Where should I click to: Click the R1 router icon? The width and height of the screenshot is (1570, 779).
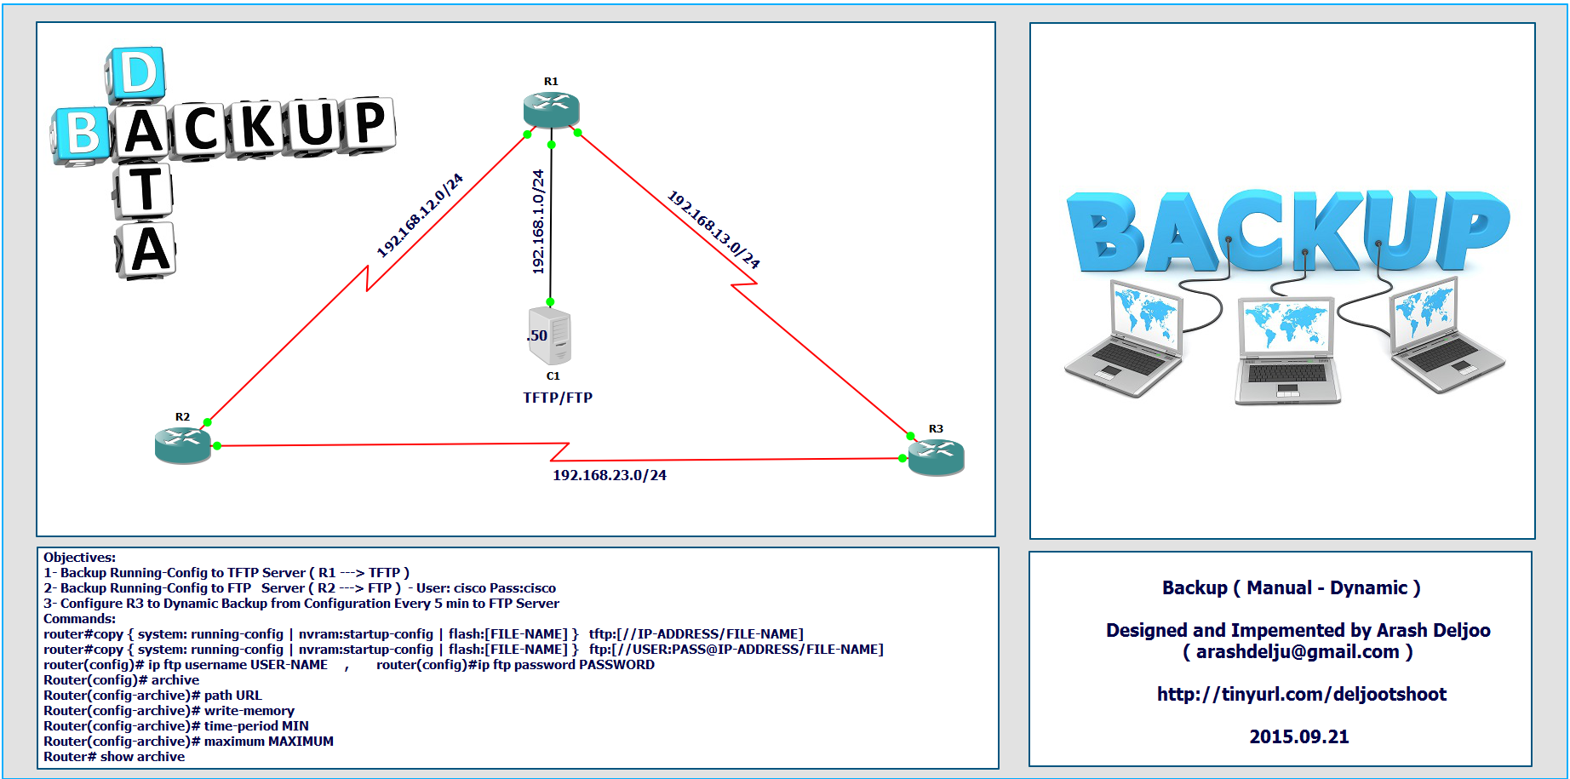click(x=552, y=110)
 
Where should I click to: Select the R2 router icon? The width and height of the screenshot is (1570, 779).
click(x=183, y=445)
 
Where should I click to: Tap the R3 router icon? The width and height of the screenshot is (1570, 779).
click(x=937, y=457)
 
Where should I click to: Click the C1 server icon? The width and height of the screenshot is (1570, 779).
click(x=551, y=336)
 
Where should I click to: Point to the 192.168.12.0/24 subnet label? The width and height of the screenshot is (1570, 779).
click(x=421, y=215)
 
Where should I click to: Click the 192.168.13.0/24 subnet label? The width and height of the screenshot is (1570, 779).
click(x=713, y=229)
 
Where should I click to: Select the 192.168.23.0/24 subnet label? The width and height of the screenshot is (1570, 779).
click(x=610, y=475)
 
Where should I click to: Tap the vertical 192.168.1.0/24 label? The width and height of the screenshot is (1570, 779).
click(x=538, y=221)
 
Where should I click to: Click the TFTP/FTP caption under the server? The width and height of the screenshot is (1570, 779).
click(x=558, y=398)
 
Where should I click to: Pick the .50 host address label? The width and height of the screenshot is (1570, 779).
click(x=537, y=335)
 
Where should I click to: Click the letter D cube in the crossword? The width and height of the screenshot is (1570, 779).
click(x=136, y=74)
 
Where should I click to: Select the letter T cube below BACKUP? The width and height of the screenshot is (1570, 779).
click(x=145, y=189)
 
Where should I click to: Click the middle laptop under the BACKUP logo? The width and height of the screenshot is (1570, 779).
click(x=1286, y=350)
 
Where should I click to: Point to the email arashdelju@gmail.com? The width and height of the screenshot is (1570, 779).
click(x=1298, y=652)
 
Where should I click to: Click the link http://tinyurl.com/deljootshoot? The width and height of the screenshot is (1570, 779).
click(x=1301, y=694)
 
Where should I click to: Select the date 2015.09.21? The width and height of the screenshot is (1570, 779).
click(x=1299, y=736)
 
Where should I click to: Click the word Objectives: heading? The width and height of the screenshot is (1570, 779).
click(x=80, y=558)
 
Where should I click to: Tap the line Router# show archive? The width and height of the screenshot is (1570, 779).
click(x=114, y=757)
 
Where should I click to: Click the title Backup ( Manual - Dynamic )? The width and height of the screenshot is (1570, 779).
click(x=1292, y=587)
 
